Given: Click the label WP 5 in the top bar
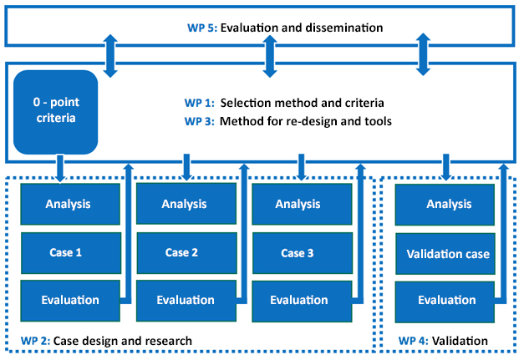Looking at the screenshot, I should (x=201, y=28).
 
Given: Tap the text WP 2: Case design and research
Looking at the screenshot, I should (x=106, y=341).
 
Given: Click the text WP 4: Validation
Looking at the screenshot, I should (x=442, y=341).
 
